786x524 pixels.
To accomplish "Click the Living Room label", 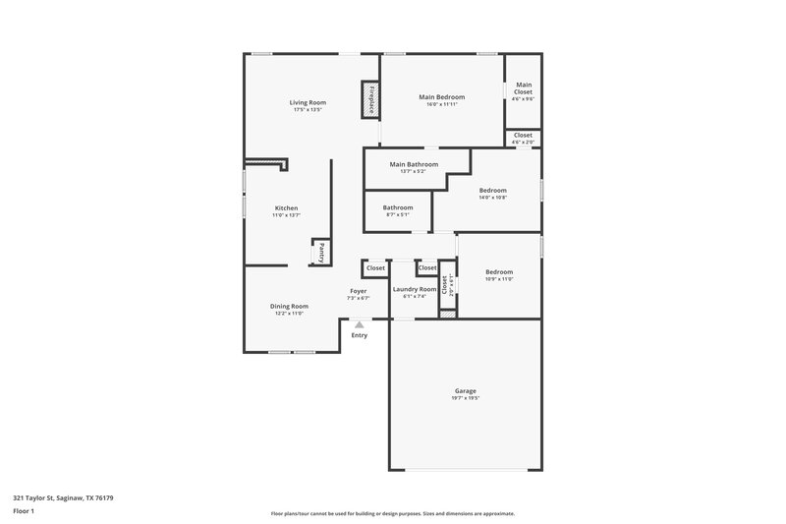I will (308, 102).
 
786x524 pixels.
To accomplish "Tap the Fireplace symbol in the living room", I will (371, 100).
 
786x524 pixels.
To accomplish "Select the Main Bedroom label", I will (441, 97).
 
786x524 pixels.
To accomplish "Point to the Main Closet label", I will (524, 87).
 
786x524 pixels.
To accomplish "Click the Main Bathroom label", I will (413, 164).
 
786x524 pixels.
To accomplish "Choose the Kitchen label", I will (286, 207).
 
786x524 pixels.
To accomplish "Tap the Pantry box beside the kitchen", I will (320, 253).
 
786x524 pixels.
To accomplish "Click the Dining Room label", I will (289, 306).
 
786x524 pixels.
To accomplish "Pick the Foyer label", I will (359, 291).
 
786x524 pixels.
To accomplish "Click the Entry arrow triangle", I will (360, 323).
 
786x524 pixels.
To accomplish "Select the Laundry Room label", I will (414, 289).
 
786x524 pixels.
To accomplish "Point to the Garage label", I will (466, 390).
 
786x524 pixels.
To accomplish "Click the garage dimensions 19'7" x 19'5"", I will (466, 398).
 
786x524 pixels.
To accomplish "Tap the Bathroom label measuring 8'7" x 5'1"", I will (398, 207).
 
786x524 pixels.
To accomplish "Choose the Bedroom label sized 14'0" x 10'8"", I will (492, 190).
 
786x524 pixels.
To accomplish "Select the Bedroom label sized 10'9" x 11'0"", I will (498, 272).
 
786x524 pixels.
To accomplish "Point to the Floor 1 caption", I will (25, 511).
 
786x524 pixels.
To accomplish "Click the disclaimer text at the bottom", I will (392, 513).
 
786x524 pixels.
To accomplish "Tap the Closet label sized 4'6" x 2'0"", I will (523, 136).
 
